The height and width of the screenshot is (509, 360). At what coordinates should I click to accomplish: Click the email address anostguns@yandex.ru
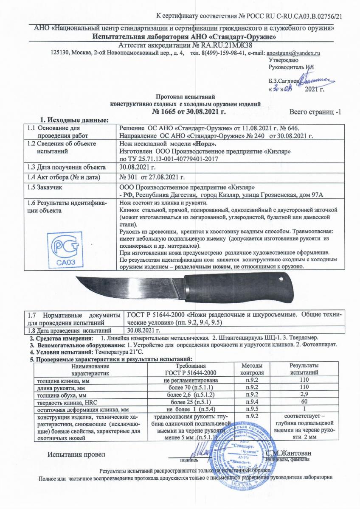click(x=292, y=53)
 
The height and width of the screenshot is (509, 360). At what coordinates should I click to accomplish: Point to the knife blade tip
click(x=76, y=279)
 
